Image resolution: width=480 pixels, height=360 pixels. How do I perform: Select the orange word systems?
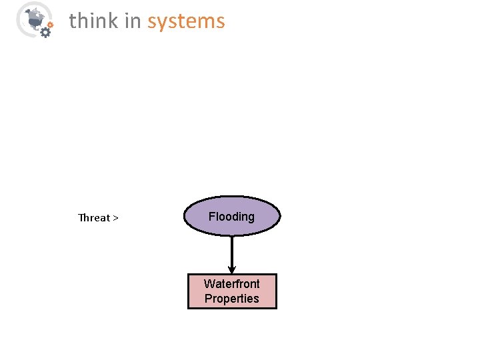coord(186,21)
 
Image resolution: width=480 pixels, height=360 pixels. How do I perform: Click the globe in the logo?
coord(31,17)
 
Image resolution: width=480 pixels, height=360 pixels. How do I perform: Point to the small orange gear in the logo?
coord(51,24)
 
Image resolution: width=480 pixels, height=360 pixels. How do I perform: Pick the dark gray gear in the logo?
coord(45,31)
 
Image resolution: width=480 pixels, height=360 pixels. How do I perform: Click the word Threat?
coord(94,217)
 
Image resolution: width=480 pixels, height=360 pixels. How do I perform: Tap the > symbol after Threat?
coord(116,217)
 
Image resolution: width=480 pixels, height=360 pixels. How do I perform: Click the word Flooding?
coord(231,216)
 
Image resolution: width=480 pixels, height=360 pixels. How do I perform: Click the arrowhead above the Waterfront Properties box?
coord(232,269)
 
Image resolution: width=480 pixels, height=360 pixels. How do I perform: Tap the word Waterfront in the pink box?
coord(232,283)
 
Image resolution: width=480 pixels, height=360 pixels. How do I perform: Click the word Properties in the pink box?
coord(232,299)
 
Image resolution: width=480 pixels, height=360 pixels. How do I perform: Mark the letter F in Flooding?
coord(211,216)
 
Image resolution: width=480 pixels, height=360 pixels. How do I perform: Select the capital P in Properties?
coord(208,299)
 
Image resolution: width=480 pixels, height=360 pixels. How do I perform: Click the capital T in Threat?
coord(81,217)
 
